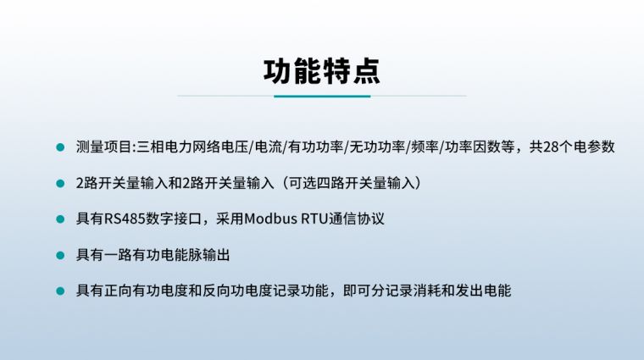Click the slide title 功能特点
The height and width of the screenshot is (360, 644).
pos(321,71)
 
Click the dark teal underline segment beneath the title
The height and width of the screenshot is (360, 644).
pos(322,96)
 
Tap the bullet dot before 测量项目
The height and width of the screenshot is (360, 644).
pos(59,147)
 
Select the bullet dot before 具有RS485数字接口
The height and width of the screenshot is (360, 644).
pos(59,219)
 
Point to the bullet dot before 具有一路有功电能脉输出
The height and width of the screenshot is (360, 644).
pos(59,254)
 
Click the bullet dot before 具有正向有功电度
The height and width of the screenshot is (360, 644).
pos(59,291)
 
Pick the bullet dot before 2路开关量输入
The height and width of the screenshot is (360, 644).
pos(59,182)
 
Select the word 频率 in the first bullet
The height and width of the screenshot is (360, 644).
pos(425,147)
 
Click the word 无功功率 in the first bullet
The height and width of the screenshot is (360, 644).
pos(376,147)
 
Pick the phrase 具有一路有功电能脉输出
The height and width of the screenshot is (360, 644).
pos(153,254)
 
